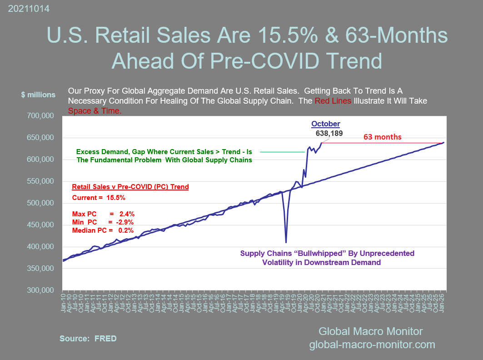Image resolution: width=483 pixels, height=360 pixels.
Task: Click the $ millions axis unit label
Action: point(38,95)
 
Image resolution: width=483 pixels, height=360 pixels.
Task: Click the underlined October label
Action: point(325,124)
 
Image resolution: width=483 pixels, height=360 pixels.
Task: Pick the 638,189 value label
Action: point(329,134)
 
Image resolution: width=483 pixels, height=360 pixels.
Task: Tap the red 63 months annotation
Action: point(383,137)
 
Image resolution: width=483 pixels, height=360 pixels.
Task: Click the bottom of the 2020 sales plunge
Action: point(286,242)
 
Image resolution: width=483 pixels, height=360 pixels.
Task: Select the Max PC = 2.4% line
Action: point(103,214)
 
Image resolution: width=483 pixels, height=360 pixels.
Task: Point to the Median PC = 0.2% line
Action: point(103,231)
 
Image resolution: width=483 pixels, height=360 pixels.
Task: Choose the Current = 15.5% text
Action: point(99,198)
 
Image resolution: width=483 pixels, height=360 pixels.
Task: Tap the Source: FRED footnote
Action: point(88,339)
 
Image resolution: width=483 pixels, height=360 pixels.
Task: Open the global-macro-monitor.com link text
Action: point(372,345)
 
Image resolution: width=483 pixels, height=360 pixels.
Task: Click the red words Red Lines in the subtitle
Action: point(333,100)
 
